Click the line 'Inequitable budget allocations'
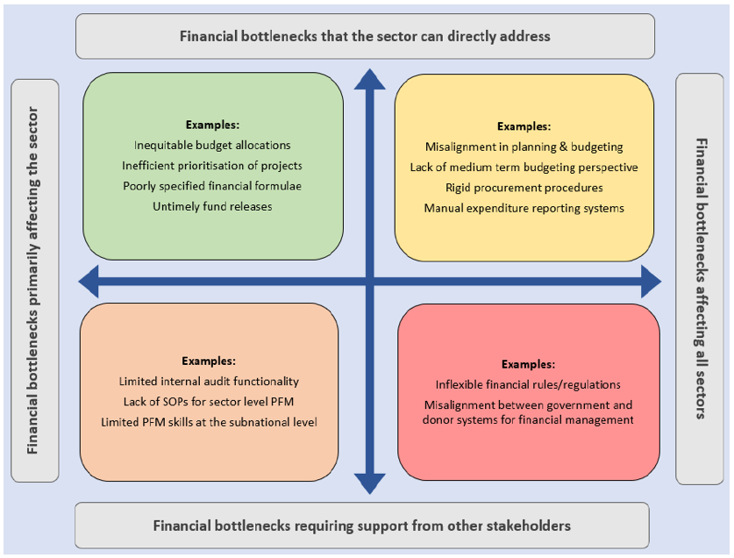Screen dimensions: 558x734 tap(212, 145)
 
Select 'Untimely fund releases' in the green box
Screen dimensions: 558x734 tap(212, 206)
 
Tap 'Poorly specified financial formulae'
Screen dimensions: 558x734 tap(212, 186)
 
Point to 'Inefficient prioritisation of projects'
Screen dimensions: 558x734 tap(212, 165)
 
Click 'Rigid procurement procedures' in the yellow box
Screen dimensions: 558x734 tap(524, 188)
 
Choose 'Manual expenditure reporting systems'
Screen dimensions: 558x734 tap(524, 208)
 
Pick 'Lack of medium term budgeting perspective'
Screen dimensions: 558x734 tap(524, 167)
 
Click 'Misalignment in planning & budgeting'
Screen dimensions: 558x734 tap(524, 147)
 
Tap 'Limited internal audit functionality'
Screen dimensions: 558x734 tap(209, 382)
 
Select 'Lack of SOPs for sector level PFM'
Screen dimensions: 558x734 tap(209, 402)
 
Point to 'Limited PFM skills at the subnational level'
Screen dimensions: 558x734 tap(209, 422)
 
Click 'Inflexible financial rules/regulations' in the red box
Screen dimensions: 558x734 tap(528, 384)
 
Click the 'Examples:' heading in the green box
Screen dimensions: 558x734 tap(212, 125)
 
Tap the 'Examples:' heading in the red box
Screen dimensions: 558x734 tap(528, 364)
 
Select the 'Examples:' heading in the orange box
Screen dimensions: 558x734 tap(209, 361)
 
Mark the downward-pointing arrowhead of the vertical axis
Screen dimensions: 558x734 tap(369, 483)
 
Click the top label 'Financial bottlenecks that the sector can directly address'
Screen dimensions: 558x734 tap(365, 36)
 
